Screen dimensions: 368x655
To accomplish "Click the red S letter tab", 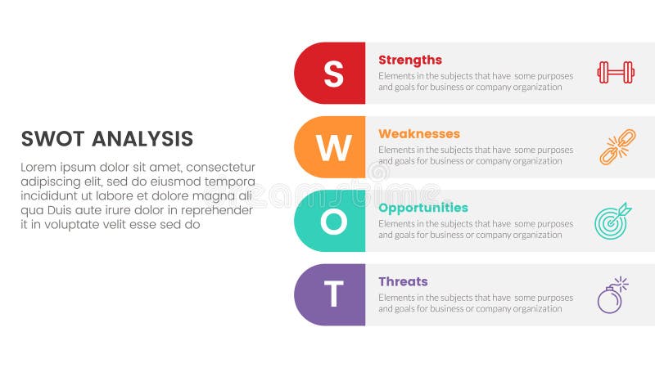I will click(332, 74).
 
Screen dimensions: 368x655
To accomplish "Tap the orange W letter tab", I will click(332, 147).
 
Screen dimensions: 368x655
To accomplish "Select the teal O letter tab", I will click(332, 221).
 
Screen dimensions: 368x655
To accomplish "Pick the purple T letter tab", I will click(332, 294).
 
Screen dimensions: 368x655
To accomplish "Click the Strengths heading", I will click(410, 60).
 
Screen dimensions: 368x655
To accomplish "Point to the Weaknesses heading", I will click(419, 133).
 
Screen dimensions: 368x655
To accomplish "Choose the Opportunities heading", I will click(423, 208).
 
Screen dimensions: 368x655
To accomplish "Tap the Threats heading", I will click(403, 281).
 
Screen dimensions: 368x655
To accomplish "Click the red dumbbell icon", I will click(615, 73).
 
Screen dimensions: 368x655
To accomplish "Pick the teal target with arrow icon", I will click(612, 221).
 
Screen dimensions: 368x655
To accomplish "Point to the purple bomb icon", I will click(612, 295).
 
